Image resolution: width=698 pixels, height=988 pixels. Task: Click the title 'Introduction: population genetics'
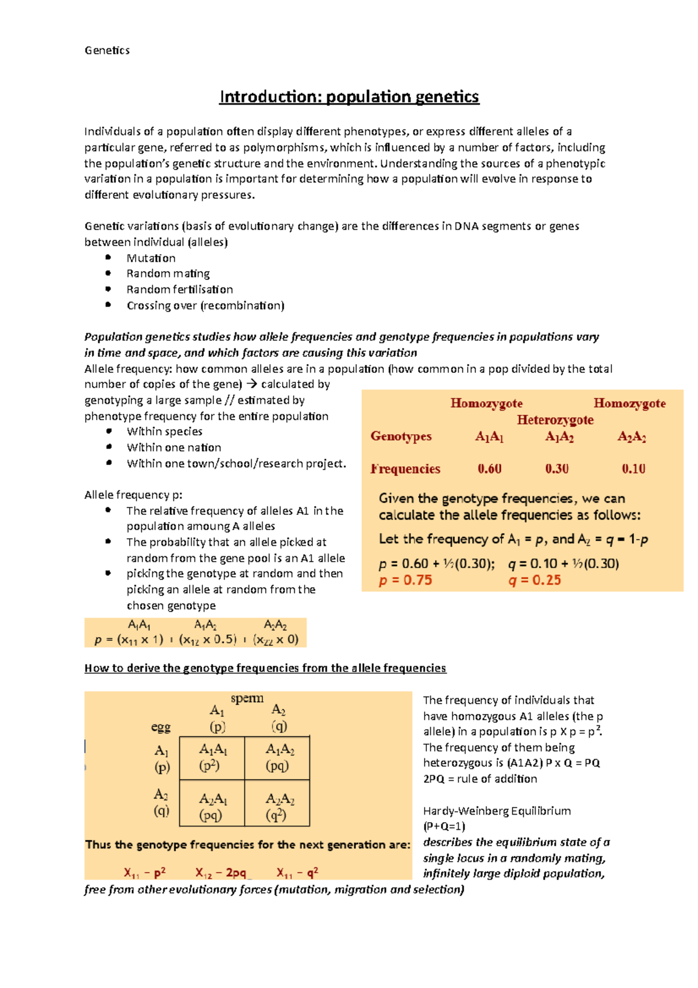coord(349,97)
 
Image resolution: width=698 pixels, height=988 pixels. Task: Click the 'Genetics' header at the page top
coord(107,51)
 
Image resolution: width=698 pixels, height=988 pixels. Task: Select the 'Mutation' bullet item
coord(151,258)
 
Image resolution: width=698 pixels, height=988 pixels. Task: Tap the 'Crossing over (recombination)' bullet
coord(205,305)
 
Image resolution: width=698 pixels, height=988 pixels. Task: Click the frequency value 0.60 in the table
coord(489,469)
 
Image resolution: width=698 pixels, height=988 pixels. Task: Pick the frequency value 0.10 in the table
coord(633,469)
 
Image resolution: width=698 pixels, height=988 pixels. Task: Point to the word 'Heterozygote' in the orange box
coord(555,420)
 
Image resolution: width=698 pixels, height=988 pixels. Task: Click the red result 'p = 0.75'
coord(405,580)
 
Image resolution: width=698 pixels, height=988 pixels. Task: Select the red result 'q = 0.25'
coord(535,580)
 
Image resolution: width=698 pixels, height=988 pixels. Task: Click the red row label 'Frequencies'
coord(405,469)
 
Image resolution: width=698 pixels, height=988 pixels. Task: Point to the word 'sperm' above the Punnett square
coord(247,698)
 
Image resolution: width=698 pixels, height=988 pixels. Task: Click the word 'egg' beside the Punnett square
coord(161,727)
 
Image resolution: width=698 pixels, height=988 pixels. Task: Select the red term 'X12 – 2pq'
coord(221,873)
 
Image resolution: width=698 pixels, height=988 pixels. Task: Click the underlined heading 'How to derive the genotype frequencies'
coord(265,668)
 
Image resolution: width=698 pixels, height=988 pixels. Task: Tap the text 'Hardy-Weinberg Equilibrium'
coord(497,811)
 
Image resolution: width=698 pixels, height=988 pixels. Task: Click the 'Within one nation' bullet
coord(174,447)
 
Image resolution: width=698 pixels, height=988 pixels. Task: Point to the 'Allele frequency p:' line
coord(133,495)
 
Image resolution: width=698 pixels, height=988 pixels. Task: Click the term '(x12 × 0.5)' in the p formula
coord(208,639)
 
